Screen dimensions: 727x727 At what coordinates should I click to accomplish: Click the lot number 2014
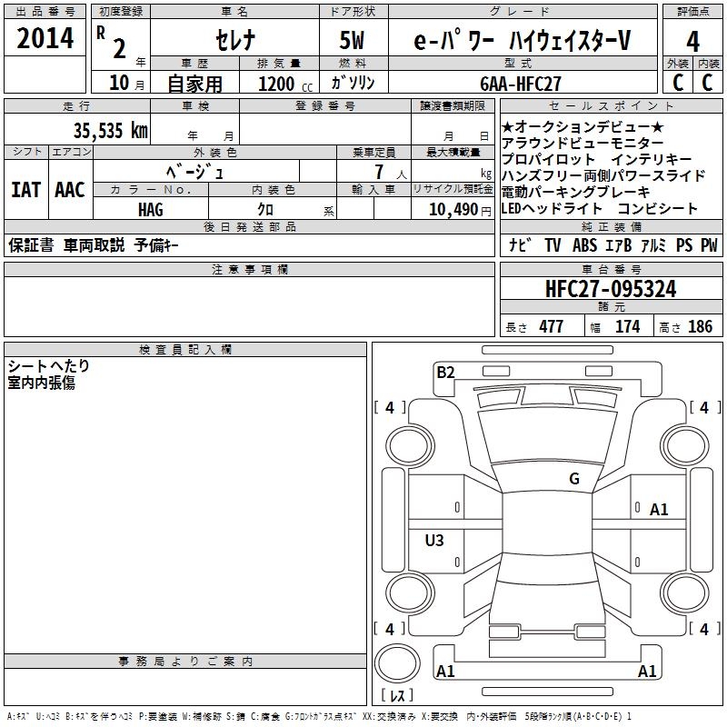[45, 39]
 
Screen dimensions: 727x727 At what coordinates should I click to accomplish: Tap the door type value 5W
[353, 41]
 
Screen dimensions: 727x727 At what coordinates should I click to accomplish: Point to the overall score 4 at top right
[692, 41]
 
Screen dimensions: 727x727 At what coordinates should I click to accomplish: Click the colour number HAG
[151, 209]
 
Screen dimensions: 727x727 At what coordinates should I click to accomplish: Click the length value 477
[551, 327]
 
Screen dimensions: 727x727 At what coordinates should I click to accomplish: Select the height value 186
[700, 327]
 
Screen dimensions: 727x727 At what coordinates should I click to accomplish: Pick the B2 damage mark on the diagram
[445, 371]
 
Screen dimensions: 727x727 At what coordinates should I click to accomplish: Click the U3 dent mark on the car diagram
[434, 541]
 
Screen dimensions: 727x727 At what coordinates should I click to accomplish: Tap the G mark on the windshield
[574, 479]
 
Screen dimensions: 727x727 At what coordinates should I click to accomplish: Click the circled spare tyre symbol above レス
[398, 662]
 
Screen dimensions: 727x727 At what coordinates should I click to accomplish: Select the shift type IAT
[25, 190]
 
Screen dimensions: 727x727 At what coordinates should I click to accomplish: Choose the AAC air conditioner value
[70, 190]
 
